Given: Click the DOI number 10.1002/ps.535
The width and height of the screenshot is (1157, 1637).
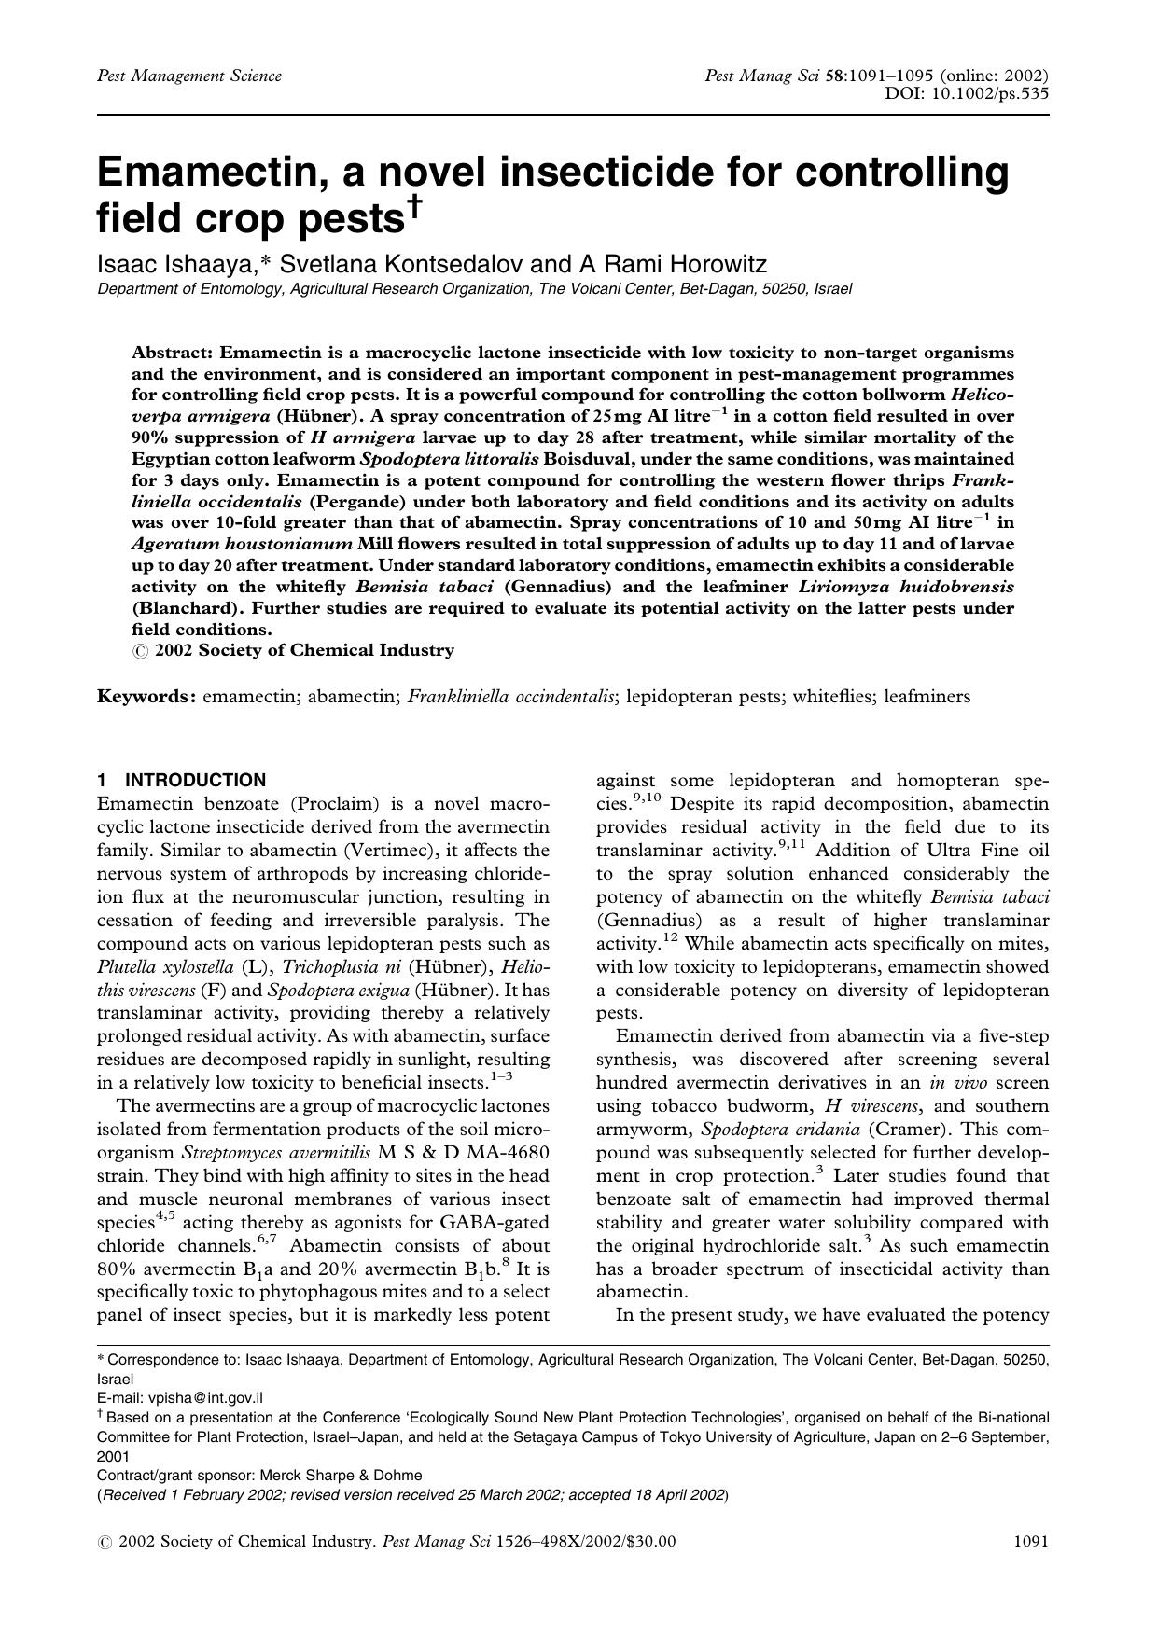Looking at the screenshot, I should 990,93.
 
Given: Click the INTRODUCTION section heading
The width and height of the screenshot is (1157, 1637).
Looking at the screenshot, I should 195,780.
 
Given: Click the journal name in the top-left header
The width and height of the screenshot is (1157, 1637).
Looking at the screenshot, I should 189,76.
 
